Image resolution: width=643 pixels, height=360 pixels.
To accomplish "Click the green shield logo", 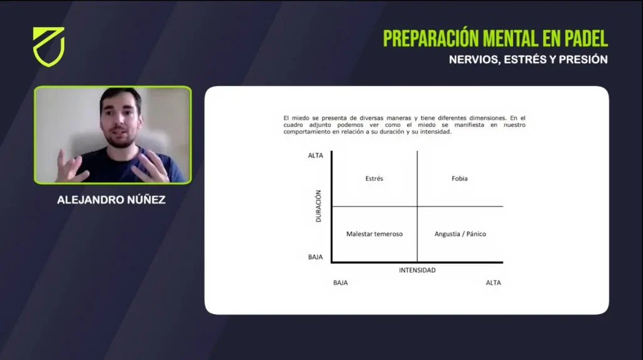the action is coord(49,46).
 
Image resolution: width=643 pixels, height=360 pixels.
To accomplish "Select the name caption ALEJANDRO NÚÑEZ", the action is coord(111,200).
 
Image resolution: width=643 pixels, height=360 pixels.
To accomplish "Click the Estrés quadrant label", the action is coord(374,178).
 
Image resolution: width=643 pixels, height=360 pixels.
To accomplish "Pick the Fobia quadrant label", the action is coord(459,178).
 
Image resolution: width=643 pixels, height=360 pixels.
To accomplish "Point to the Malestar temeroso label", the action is coord(374,234).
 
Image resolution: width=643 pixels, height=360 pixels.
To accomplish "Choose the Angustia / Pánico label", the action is coord(460,234).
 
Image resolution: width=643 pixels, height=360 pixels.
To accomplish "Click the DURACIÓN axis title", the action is coord(318,206).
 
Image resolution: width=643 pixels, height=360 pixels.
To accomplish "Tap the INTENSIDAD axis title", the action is coord(417,270).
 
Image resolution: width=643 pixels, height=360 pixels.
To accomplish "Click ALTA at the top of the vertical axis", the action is coord(315,156).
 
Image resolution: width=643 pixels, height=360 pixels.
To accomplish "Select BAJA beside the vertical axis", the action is coord(315,257).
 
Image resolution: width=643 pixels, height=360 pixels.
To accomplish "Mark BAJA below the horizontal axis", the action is coord(340,283).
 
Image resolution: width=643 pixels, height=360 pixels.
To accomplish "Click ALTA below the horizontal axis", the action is coord(494,283).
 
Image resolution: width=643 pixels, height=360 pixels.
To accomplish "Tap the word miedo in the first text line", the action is coord(301,118).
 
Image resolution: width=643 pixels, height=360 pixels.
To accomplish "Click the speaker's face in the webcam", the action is coord(121,119).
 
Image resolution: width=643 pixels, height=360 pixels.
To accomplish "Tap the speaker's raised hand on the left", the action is coord(70,166).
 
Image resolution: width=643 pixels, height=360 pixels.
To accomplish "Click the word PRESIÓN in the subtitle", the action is coord(583,60).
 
